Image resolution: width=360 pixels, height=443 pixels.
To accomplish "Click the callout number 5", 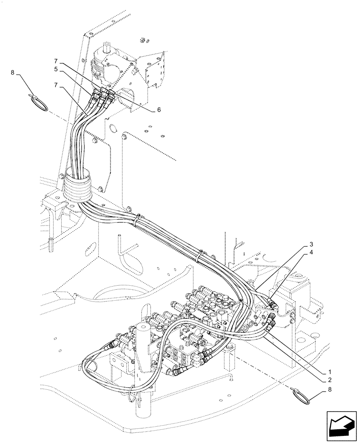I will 56,69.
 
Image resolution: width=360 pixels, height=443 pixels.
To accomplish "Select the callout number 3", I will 312,245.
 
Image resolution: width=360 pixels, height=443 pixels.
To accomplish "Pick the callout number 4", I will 312,253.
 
